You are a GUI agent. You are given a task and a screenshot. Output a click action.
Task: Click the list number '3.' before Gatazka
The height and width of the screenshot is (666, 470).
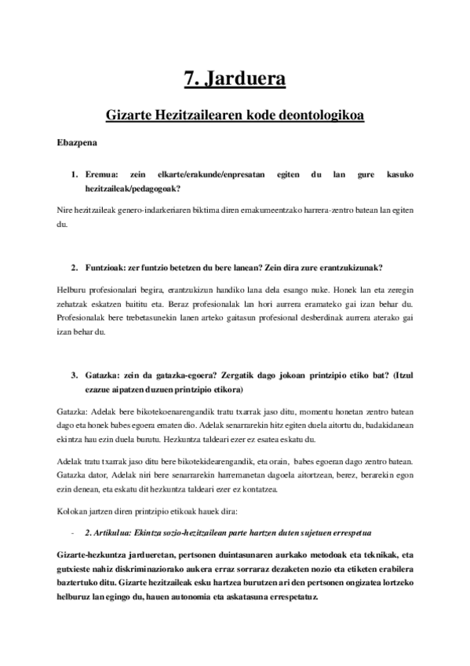pos(75,375)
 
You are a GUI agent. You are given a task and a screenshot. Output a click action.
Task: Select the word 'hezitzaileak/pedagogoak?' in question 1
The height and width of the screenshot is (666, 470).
pos(133,188)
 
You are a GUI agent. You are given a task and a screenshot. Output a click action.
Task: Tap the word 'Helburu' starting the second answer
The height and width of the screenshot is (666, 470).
pos(75,289)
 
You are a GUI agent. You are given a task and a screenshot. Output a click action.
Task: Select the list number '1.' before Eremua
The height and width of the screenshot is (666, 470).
pos(75,174)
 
